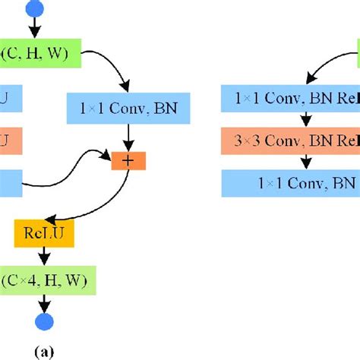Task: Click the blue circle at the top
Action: coord(35,8)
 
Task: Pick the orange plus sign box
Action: coord(128,160)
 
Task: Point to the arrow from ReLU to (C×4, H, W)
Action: coord(35,256)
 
